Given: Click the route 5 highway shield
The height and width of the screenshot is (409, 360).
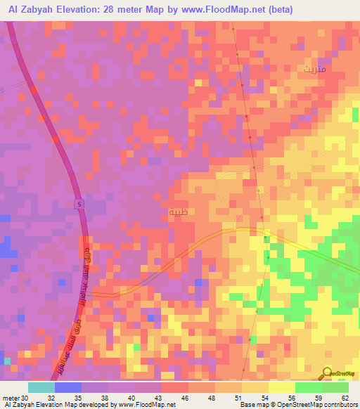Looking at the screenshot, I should [x=79, y=203].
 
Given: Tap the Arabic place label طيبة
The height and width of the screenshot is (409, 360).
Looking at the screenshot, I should [x=179, y=211].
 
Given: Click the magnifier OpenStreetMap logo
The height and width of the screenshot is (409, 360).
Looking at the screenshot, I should [x=328, y=373].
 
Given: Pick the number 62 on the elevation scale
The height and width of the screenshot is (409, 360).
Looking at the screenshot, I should [x=345, y=397].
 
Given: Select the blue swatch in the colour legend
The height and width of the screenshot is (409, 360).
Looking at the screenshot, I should [x=68, y=387].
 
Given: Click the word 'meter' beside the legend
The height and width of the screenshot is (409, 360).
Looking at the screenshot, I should [x=9, y=397].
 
